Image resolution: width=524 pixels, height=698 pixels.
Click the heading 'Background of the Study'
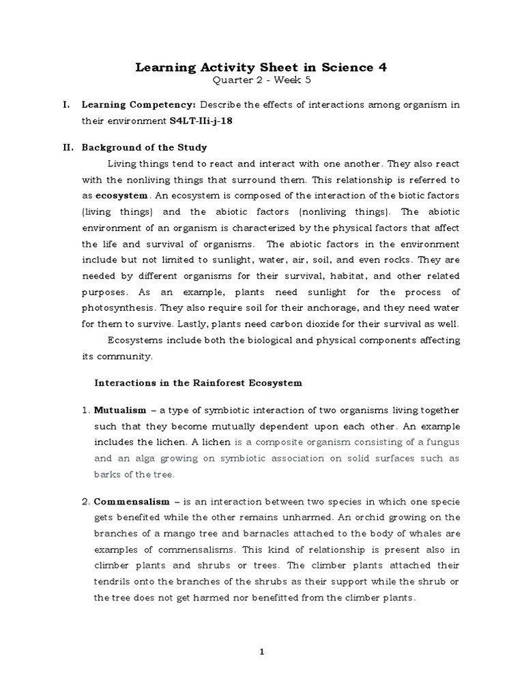144,147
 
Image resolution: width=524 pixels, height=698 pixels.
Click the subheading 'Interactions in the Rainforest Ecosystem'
197,383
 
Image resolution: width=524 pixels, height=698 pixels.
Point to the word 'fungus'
441,442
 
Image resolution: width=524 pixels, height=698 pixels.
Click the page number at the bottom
261,652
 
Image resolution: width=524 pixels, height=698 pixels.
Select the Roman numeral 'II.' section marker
67,147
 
